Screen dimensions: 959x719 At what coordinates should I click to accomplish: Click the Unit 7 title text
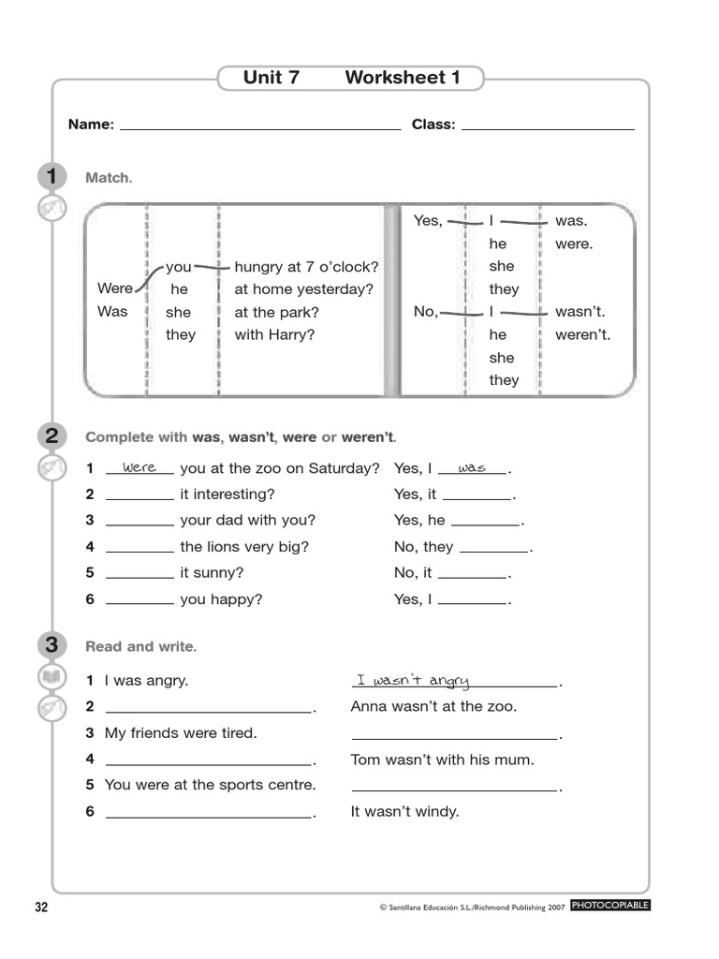(271, 78)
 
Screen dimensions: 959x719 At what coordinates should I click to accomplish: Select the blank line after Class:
(548, 126)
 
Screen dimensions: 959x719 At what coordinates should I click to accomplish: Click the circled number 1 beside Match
(51, 177)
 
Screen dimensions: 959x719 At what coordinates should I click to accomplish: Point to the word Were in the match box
(115, 288)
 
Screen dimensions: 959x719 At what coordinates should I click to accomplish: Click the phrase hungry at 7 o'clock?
(306, 266)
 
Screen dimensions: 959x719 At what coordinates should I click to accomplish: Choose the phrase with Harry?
(274, 334)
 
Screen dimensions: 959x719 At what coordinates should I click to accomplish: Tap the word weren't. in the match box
(582, 334)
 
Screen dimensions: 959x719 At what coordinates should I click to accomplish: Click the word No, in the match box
(426, 312)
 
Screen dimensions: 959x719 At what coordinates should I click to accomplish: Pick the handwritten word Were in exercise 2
(139, 466)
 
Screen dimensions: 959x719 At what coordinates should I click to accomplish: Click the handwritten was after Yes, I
(472, 466)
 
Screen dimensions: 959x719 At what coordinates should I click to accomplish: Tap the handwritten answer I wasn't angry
(413, 681)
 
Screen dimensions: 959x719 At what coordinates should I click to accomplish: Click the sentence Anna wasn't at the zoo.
(433, 707)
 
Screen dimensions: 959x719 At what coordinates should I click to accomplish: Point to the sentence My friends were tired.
(181, 733)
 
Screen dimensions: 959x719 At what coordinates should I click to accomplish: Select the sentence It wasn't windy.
(404, 812)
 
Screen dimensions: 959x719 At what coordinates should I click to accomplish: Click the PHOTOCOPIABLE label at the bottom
(609, 906)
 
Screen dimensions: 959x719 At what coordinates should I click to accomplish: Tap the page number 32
(41, 907)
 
